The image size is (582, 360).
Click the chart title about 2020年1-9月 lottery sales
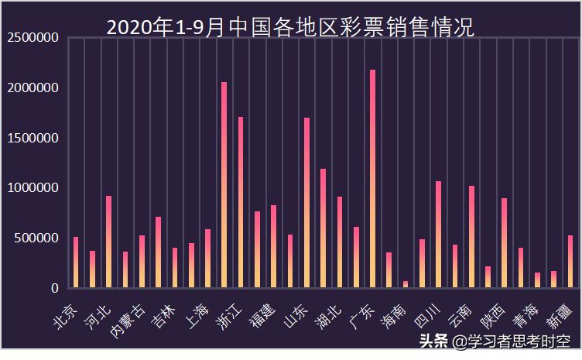(290, 27)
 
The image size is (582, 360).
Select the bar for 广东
(372, 179)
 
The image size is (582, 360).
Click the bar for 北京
(75, 262)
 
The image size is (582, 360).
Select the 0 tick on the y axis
(55, 288)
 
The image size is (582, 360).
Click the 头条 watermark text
(433, 341)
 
